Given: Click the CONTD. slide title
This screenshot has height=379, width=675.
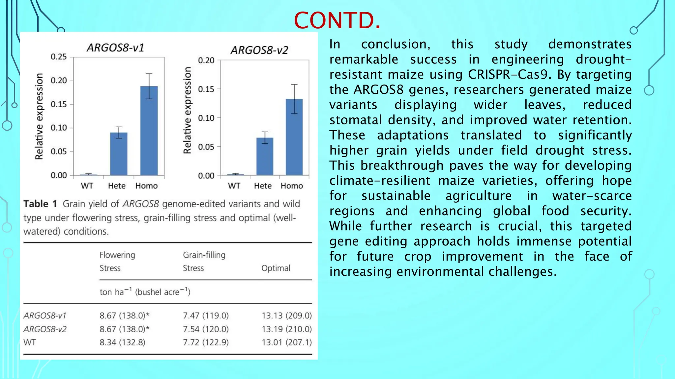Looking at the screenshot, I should click(x=337, y=20).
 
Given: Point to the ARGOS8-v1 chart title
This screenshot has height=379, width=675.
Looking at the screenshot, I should click(x=115, y=48).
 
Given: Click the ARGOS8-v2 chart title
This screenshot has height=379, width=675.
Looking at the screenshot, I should click(x=259, y=50).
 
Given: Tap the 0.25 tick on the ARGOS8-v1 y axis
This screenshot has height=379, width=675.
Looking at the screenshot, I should click(x=59, y=57).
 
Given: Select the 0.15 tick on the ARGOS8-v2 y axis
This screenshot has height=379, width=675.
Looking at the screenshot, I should click(x=206, y=89).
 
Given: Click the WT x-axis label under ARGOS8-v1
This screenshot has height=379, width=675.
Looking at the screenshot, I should click(x=87, y=186).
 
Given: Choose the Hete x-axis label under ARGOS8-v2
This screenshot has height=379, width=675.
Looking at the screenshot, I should click(x=263, y=186).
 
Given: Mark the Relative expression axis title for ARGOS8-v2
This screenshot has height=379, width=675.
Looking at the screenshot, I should click(x=187, y=110).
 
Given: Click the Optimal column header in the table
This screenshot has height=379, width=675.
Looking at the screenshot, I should click(x=276, y=268).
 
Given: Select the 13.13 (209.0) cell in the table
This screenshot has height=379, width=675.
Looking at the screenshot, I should click(x=287, y=316).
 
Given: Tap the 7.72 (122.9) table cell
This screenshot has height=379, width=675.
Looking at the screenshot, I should click(x=206, y=342).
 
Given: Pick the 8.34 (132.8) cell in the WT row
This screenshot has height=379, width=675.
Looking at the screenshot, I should click(x=122, y=342).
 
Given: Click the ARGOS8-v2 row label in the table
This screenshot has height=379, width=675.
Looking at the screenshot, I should click(x=45, y=329).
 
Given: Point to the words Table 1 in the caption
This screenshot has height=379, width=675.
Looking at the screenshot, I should click(x=40, y=204).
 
